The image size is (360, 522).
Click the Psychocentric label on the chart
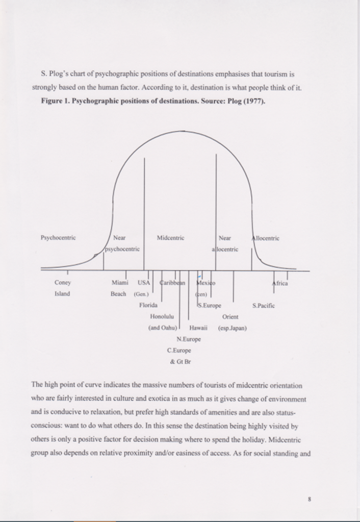(58, 238)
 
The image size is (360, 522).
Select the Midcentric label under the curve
(170, 238)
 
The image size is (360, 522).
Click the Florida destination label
(148, 305)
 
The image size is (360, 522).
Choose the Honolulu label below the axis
(162, 316)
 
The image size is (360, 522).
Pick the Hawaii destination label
(197, 328)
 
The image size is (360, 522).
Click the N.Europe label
(189, 339)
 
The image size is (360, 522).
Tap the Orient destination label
(230, 316)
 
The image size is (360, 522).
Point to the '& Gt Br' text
(180, 361)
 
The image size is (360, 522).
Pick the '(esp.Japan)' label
(232, 328)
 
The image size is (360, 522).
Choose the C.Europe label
(179, 350)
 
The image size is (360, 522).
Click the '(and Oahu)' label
(163, 328)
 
